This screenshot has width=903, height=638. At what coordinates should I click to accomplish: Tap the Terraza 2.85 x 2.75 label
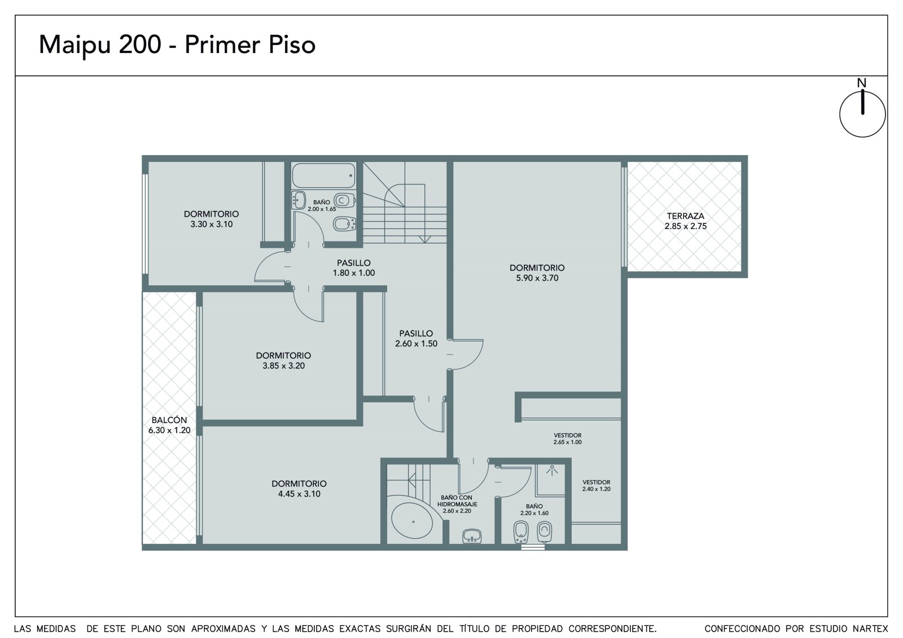coord(685,221)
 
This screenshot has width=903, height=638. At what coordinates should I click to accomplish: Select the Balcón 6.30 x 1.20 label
coord(169,425)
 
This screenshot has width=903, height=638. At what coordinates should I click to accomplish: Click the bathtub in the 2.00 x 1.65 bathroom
coord(324,175)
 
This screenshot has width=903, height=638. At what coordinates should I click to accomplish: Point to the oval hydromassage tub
coord(413,522)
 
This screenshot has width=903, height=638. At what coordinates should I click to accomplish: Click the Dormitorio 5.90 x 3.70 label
coord(537,273)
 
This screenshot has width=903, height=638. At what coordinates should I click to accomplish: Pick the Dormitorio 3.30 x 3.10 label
coord(211,219)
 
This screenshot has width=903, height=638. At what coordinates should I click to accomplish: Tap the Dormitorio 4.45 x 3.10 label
coord(299,489)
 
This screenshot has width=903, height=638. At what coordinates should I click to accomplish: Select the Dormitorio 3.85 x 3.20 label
coord(283,360)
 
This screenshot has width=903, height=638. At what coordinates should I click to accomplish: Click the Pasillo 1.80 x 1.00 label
coord(353,268)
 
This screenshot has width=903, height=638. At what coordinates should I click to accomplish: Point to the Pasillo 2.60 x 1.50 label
coord(416,338)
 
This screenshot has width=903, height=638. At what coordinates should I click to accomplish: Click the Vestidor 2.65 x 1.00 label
coord(568,438)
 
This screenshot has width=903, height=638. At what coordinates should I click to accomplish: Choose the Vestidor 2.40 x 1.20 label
coord(596,486)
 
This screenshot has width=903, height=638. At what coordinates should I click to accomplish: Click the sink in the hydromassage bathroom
coord(472,536)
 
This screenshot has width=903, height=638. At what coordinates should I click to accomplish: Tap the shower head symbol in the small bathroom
coord(552,470)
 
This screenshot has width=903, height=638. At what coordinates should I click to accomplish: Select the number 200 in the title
coord(140,45)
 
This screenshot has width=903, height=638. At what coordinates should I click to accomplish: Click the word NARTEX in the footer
coord(870,629)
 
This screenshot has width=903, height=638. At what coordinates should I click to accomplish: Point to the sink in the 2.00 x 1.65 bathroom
coord(299,200)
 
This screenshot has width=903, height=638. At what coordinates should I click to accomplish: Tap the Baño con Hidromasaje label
coord(457,504)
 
